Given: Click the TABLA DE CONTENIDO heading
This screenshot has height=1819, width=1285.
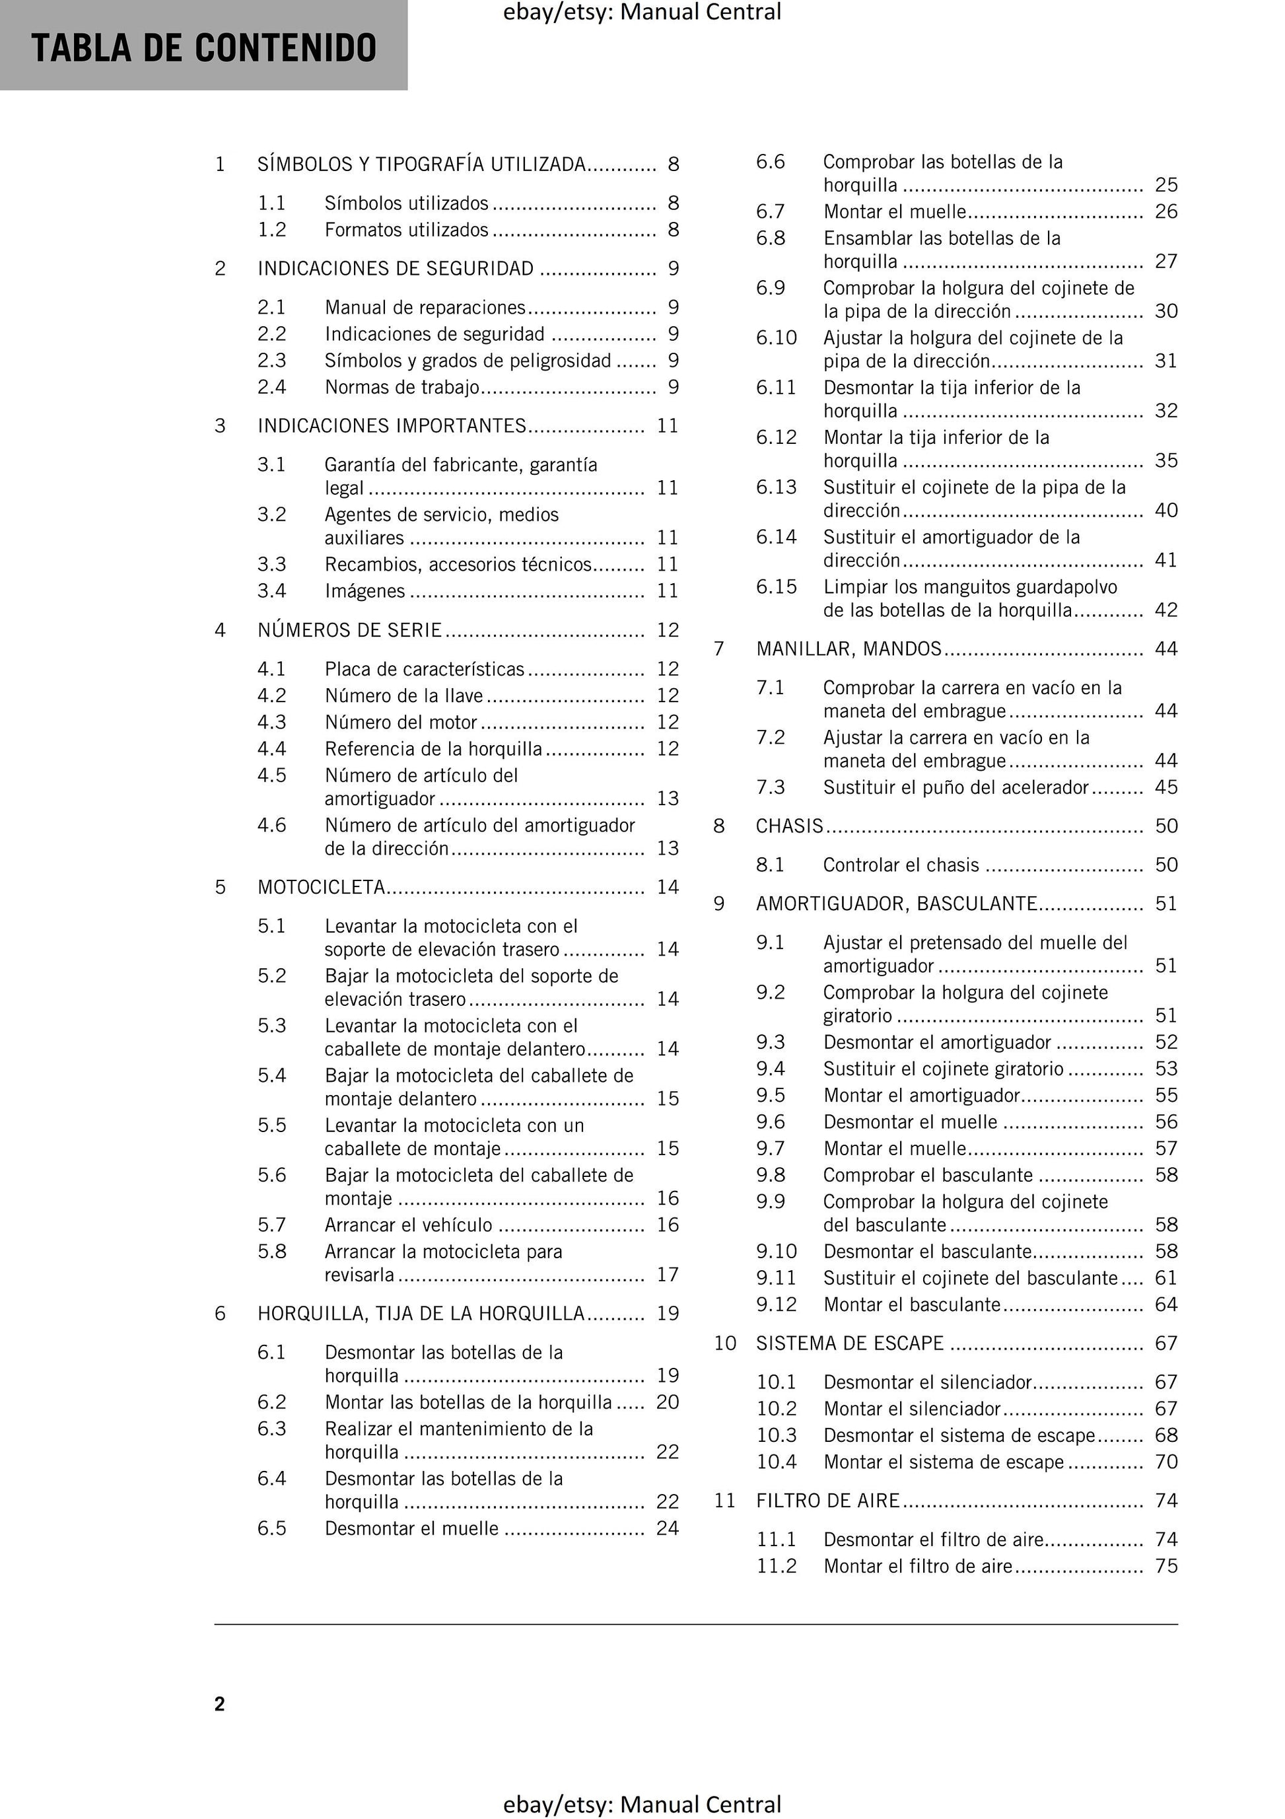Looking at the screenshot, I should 203,48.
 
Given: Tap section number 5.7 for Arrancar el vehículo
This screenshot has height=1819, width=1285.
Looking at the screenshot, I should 272,1225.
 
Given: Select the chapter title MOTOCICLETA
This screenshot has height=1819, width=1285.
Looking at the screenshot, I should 322,887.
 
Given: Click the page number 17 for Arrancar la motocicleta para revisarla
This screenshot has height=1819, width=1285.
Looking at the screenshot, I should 668,1275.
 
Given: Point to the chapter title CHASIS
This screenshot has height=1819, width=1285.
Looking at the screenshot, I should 790,826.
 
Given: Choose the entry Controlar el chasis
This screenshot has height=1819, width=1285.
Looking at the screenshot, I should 901,865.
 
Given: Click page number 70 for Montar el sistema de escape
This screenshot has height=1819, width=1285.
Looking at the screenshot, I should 1166,1462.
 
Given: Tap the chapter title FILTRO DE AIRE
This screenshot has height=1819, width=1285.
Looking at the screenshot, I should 828,1501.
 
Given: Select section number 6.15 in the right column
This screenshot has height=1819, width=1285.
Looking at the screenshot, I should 777,587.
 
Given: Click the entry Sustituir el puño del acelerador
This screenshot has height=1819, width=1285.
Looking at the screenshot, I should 956,787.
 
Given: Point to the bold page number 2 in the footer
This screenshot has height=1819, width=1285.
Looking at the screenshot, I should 219,1704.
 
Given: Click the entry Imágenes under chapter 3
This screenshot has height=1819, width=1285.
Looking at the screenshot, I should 365,591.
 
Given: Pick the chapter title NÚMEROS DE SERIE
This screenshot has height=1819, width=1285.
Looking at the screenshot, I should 349,631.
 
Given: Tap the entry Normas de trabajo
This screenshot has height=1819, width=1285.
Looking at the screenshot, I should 402,388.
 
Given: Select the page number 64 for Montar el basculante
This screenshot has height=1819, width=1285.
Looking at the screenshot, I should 1166,1305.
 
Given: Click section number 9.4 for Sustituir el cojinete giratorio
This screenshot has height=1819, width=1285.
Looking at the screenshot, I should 770,1069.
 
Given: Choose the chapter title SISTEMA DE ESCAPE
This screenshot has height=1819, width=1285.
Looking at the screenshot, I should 850,1343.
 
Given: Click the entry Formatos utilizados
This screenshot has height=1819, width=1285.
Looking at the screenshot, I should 406,230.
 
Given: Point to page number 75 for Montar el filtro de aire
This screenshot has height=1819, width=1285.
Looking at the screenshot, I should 1166,1566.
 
